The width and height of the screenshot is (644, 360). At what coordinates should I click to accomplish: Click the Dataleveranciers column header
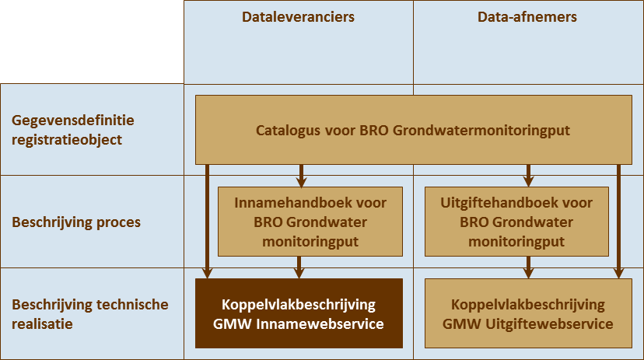299,17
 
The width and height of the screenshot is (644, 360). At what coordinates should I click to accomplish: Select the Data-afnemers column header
527,17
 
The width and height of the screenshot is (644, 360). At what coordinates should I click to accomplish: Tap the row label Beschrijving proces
76,222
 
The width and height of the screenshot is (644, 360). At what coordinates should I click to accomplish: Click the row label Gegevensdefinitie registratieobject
73,130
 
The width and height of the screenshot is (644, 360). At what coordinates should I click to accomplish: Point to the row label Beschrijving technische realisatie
89,314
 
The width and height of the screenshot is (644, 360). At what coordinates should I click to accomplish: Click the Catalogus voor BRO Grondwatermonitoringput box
413,130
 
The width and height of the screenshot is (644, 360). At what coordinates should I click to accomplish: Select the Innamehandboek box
310,222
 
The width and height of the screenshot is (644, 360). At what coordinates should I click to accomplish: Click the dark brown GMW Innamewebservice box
299,314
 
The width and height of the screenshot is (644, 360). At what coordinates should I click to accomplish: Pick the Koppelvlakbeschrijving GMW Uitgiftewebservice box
527,314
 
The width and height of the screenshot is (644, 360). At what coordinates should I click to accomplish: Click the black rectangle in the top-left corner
92,41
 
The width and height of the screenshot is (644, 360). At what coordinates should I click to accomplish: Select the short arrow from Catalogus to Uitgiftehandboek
529,175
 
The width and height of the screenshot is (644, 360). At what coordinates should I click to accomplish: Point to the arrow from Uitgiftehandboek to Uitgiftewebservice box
529,267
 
